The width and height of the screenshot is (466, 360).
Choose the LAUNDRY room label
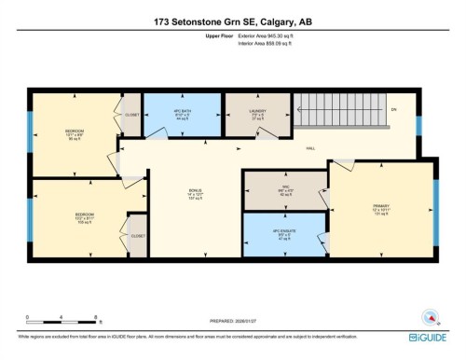[x=258, y=114]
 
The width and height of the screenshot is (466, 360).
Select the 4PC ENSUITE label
[x=283, y=233]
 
